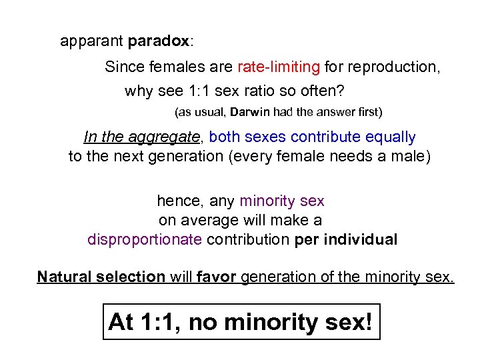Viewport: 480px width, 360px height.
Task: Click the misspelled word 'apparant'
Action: (x=91, y=41)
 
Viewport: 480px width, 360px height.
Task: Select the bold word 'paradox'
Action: (x=159, y=41)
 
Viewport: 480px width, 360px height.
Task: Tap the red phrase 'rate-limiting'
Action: (x=278, y=67)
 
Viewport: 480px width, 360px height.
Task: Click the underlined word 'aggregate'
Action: (x=166, y=138)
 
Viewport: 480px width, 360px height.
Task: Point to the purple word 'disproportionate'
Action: (x=145, y=239)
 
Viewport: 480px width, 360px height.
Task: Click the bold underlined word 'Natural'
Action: (x=63, y=277)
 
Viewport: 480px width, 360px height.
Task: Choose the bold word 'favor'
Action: (x=217, y=277)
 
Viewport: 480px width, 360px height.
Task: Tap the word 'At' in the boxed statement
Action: (x=122, y=323)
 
